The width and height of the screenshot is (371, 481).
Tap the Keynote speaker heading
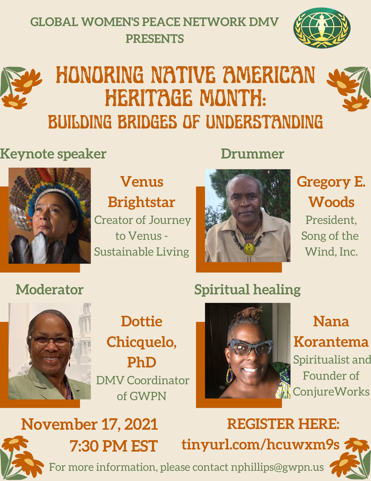(x=53, y=154)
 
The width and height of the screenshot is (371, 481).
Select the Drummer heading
(x=252, y=154)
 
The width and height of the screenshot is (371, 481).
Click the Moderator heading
(x=50, y=290)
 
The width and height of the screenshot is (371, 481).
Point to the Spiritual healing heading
(x=247, y=290)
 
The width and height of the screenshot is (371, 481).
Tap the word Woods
(x=331, y=202)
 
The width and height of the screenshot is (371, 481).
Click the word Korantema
(x=331, y=342)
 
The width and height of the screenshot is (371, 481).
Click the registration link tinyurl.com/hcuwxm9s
(x=261, y=445)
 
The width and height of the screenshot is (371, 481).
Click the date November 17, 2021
(x=90, y=424)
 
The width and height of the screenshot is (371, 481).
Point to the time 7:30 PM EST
(x=113, y=446)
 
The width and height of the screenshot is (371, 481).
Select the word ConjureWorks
(x=331, y=391)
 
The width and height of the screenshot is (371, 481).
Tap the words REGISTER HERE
(x=283, y=423)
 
